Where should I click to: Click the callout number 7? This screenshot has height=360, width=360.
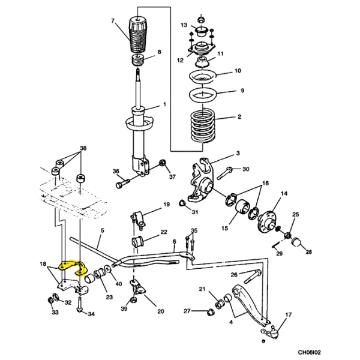pyautogui.click(x=113, y=21)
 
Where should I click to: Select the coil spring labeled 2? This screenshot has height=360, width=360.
pyautogui.click(x=203, y=126)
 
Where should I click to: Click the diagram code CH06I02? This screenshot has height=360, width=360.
pyautogui.click(x=309, y=352)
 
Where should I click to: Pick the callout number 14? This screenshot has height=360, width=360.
pyautogui.click(x=284, y=194)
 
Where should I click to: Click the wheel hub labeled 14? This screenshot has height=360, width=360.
pyautogui.click(x=267, y=221)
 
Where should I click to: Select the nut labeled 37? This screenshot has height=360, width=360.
pyautogui.click(x=163, y=163)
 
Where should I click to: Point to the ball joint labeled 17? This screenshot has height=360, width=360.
pyautogui.click(x=272, y=332)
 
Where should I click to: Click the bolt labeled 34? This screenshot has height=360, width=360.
pyautogui.click(x=80, y=304)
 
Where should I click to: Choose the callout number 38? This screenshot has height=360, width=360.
pyautogui.click(x=83, y=148)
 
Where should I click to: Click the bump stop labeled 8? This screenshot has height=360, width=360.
pyautogui.click(x=138, y=60)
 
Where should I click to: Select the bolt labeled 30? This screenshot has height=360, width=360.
pyautogui.click(x=224, y=173)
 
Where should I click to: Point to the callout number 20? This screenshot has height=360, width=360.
pyautogui.click(x=160, y=311)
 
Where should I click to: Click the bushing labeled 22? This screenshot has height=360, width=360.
pyautogui.click(x=137, y=242)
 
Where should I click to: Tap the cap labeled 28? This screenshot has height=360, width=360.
pyautogui.click(x=296, y=242)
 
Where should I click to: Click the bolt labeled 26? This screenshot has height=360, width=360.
pyautogui.click(x=253, y=277)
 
